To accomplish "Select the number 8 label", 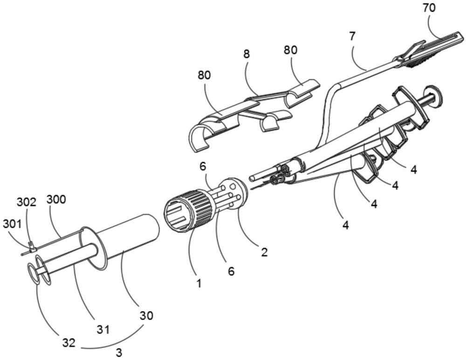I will pos(247,54).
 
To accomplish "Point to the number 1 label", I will pos(199,282).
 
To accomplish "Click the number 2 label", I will pos(264,252).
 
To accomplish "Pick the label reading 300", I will pos(56,199).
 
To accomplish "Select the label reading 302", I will pos(27,202).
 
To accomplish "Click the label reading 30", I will pos(146,315).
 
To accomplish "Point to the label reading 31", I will pos(103,329).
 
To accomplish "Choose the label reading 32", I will pos(69,343).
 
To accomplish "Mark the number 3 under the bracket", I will pos(119,353).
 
